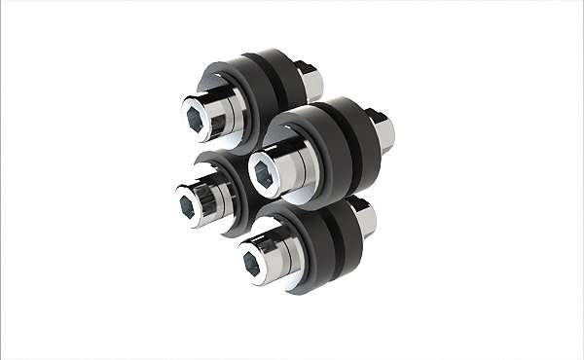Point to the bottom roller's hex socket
[251, 261]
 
